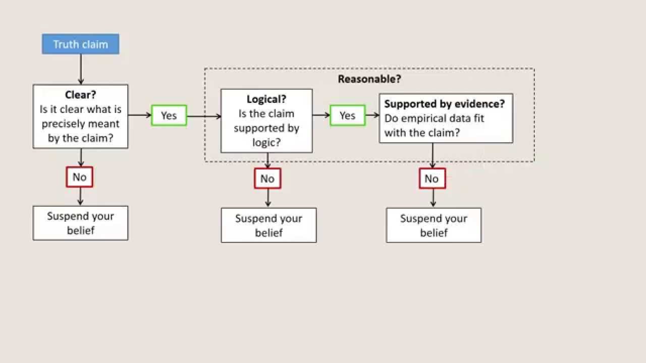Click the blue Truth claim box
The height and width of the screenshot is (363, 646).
tap(81, 44)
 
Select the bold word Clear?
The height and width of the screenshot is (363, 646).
tap(81, 95)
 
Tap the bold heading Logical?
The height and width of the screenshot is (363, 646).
tap(266, 99)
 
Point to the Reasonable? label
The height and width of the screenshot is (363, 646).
tap(369, 79)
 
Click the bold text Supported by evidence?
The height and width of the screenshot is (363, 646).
tap(445, 104)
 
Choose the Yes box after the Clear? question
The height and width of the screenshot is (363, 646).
tap(169, 115)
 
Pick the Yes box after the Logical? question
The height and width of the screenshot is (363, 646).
tap(348, 115)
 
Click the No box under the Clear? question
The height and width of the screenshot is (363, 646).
tap(80, 177)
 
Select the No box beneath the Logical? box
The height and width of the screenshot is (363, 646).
tap(267, 178)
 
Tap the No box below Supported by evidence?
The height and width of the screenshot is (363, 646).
tap(432, 178)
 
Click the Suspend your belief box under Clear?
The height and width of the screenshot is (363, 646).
tap(81, 223)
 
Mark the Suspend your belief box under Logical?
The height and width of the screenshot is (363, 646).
tap(268, 225)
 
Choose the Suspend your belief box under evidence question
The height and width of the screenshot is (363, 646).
tap(434, 225)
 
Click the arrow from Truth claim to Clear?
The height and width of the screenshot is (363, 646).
tap(81, 69)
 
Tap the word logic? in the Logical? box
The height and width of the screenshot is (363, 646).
tap(266, 143)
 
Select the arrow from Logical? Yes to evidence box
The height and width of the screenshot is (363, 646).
tap(372, 115)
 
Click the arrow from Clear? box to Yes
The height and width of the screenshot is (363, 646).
tap(140, 115)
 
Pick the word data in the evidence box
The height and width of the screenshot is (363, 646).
tap(463, 118)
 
